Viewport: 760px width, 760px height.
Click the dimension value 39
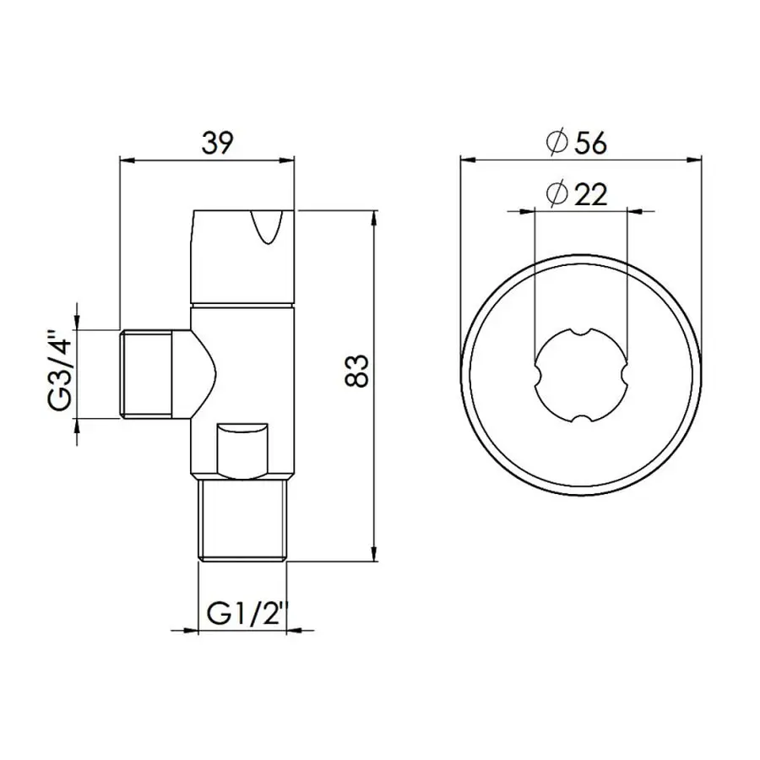coord(217,144)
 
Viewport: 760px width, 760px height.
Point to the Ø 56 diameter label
coord(577,143)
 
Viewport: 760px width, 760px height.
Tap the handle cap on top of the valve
coord(242,253)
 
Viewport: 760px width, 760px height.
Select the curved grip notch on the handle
coord(269,230)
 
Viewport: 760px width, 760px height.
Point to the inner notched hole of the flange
coord(581,377)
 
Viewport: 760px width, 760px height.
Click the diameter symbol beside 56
coord(556,144)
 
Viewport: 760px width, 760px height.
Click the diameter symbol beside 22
coord(556,195)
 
